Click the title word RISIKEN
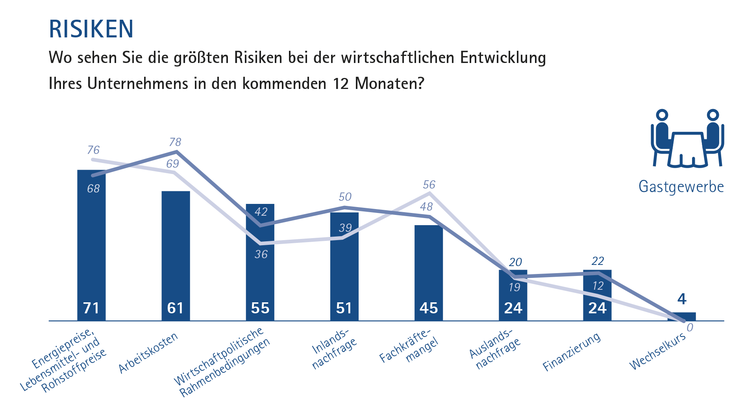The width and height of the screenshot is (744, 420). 91,29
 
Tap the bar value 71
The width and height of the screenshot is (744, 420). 91,308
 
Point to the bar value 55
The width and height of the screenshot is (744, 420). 260,308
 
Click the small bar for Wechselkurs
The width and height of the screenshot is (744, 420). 682,316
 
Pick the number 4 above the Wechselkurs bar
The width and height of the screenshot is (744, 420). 682,299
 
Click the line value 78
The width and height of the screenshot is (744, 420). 175,142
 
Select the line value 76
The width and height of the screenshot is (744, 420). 93,150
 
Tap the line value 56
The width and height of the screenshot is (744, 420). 429,185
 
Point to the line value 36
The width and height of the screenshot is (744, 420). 261,254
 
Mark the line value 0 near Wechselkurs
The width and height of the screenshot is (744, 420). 690,328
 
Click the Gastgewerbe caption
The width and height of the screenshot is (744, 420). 681,187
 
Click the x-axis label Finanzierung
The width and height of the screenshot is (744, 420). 572,352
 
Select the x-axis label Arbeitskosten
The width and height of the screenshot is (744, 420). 148,353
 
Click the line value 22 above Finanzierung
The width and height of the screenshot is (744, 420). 598,261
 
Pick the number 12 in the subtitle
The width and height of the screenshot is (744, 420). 341,84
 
